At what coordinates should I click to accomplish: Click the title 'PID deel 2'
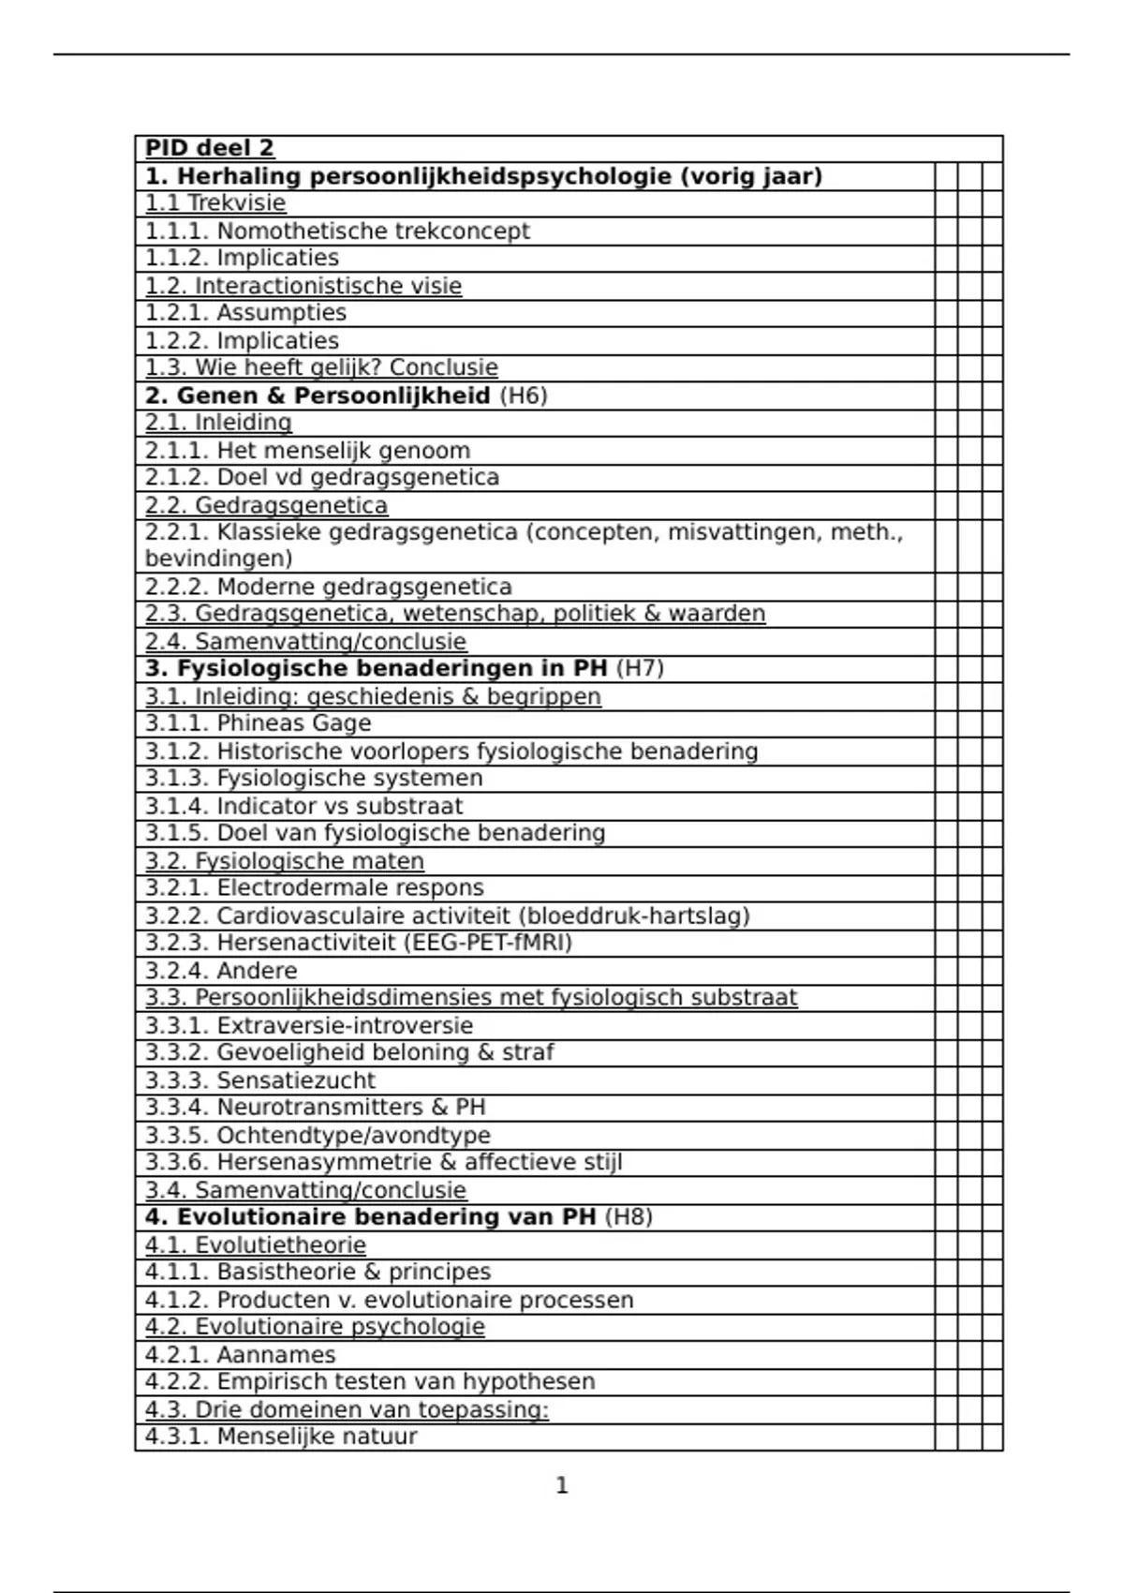tap(210, 149)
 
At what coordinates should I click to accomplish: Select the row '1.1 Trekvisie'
tap(215, 203)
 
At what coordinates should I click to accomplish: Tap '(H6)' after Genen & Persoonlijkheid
tap(523, 395)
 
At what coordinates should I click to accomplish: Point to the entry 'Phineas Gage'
tap(294, 723)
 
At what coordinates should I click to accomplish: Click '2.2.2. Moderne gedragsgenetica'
tap(328, 588)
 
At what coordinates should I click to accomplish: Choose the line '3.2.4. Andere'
tap(221, 971)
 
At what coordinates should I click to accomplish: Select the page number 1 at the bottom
tap(562, 1485)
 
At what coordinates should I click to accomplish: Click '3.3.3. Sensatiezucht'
tap(259, 1080)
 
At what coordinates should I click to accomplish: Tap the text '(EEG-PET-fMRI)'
tap(488, 943)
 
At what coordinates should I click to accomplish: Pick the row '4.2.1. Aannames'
tap(240, 1355)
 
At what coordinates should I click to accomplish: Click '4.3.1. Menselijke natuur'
tap(281, 1437)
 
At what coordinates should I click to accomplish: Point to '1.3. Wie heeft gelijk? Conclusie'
tap(321, 367)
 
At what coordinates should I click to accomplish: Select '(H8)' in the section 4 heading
tap(629, 1217)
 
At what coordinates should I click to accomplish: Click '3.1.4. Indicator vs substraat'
tap(303, 806)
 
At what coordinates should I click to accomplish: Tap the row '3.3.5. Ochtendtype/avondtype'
tap(318, 1136)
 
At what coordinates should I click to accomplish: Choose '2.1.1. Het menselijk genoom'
tap(307, 451)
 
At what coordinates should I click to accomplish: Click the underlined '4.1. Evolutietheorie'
tap(255, 1245)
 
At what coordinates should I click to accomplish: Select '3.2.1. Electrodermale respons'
tap(314, 888)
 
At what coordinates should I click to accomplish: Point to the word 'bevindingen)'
tap(218, 559)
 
